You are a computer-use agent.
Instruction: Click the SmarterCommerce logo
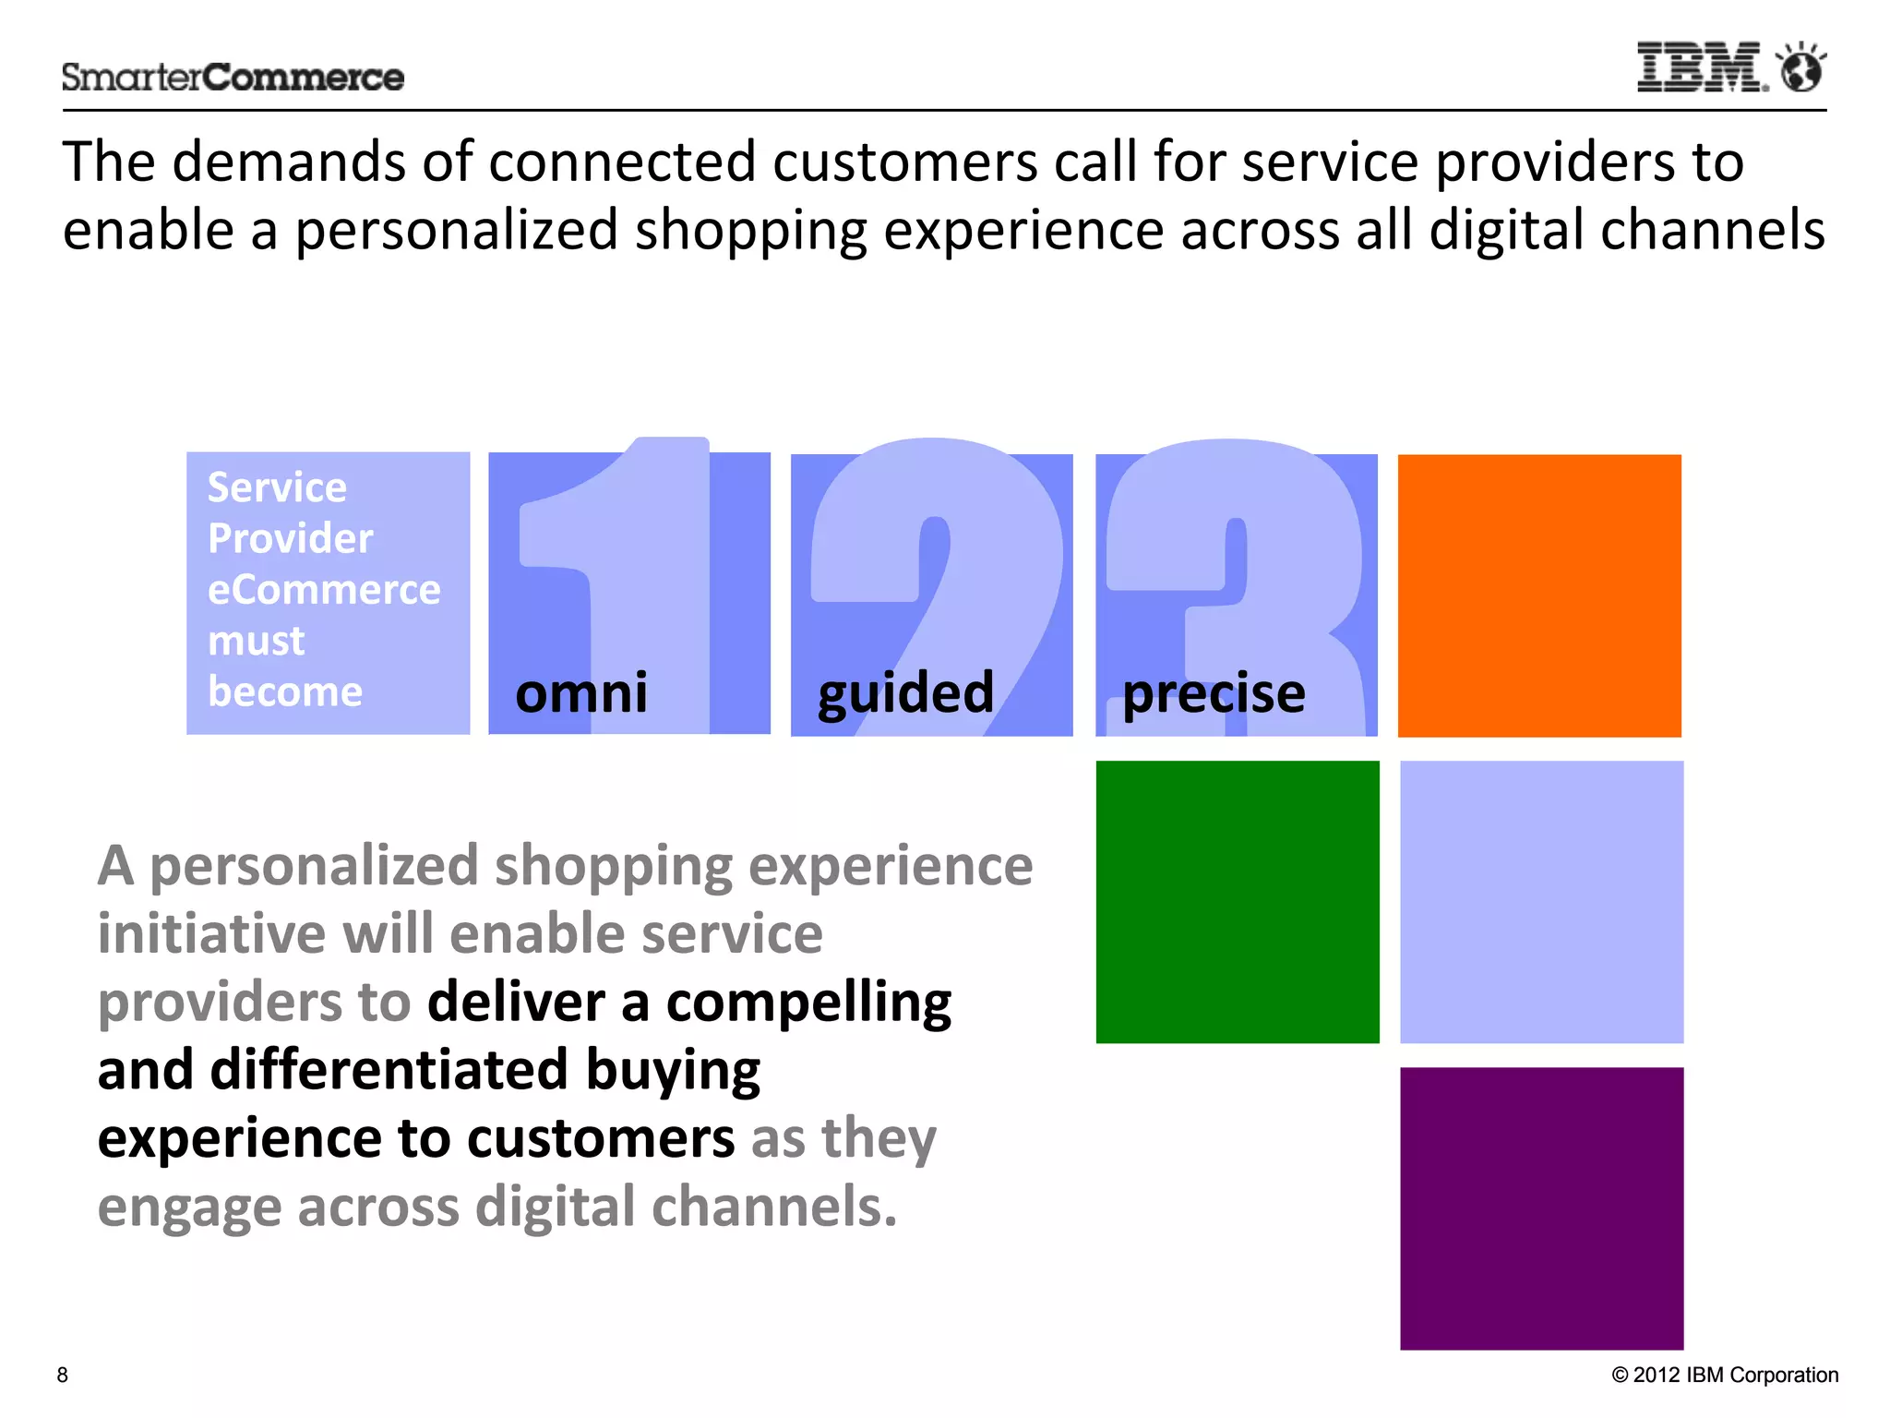233,78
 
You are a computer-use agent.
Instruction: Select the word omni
581,692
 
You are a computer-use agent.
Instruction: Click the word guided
905,694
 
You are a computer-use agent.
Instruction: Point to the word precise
1214,694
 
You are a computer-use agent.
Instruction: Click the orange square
1539,595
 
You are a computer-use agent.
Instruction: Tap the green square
1238,902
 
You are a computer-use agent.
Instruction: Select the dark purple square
1541,1208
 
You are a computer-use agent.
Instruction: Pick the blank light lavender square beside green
1541,902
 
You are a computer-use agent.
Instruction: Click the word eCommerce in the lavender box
324,590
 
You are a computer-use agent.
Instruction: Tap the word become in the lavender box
285,691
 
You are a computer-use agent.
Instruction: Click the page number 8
63,1375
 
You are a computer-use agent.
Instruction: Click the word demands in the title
289,162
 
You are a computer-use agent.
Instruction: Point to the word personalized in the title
456,231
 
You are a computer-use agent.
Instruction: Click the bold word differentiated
389,1070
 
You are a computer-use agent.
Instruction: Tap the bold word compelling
808,1003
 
